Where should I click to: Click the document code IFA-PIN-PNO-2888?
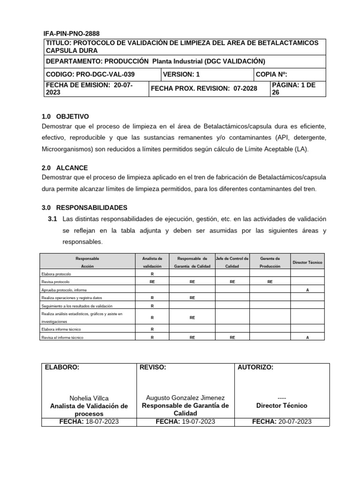tap(71, 34)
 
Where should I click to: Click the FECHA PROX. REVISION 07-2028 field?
tap(204, 89)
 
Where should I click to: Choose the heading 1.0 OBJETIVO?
tap(65, 116)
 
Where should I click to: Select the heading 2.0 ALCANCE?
tap(65, 167)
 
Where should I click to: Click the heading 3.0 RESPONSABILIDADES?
tap(84, 207)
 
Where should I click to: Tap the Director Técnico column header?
tap(307, 262)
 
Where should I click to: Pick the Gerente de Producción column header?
tap(270, 262)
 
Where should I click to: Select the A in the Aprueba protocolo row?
tap(307, 290)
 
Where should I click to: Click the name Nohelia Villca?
tap(89, 397)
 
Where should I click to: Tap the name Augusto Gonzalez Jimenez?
tap(185, 397)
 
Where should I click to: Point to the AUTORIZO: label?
tap(255, 367)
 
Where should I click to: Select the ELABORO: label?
tap(62, 367)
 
